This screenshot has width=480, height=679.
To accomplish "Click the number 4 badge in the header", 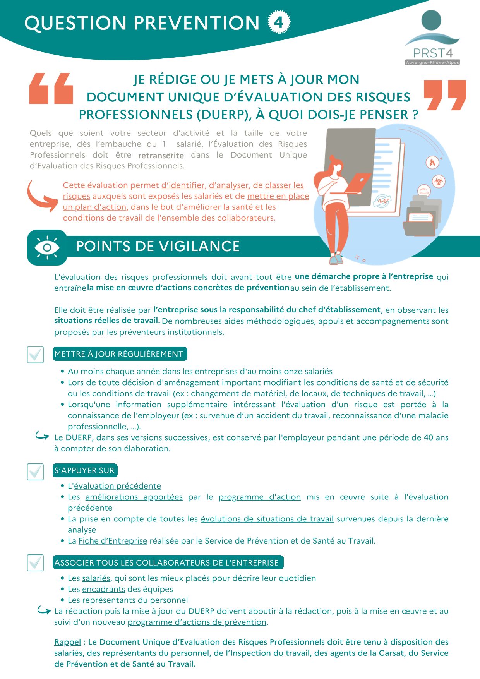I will pyautogui.click(x=279, y=22).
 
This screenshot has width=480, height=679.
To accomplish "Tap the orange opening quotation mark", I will pyautogui.click(x=51, y=88).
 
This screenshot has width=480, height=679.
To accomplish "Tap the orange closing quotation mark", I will pyautogui.click(x=445, y=95).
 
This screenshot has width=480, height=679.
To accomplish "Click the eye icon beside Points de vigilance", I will pyautogui.click(x=47, y=247).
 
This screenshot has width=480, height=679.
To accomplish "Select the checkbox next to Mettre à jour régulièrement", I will pyautogui.click(x=35, y=354).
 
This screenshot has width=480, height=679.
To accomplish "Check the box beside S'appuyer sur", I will pyautogui.click(x=35, y=471).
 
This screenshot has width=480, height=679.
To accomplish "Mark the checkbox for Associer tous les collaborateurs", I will pyautogui.click(x=35, y=562).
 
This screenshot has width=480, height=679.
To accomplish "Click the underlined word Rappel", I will pyautogui.click(x=68, y=642).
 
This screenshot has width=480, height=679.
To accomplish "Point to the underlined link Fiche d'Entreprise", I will pyautogui.click(x=113, y=541).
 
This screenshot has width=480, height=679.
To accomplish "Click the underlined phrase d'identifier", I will pyautogui.click(x=183, y=185).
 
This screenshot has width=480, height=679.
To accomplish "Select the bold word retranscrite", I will pyautogui.click(x=161, y=156).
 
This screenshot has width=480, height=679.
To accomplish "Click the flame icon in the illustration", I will pyautogui.click(x=432, y=162).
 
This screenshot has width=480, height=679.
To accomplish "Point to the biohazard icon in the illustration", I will pyautogui.click(x=439, y=181).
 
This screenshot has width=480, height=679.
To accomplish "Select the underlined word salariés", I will pyautogui.click(x=96, y=578).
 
